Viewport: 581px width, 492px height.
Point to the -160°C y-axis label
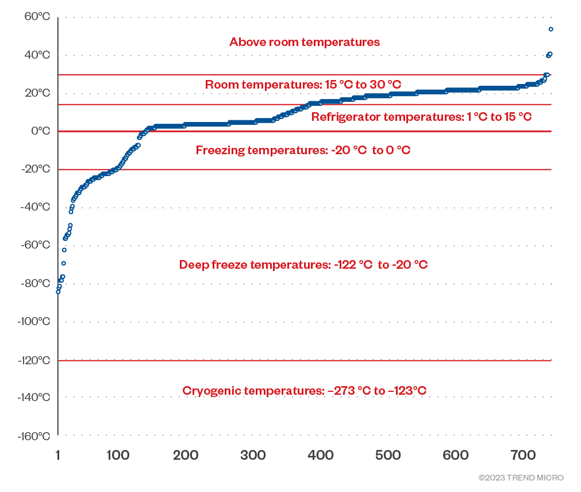pyautogui.click(x=33, y=436)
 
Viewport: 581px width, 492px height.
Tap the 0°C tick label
pyautogui.click(x=40, y=131)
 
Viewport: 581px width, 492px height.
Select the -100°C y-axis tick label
pyautogui.click(x=33, y=322)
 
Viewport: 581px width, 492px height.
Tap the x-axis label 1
pyautogui.click(x=57, y=456)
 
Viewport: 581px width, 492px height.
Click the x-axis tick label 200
pyautogui.click(x=186, y=456)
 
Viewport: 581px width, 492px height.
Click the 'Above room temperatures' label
pyautogui.click(x=305, y=42)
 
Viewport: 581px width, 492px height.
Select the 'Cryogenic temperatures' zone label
pyautogui.click(x=305, y=391)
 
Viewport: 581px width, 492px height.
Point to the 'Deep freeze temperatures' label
pyautogui.click(x=303, y=265)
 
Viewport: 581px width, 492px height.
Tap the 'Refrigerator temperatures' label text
pyautogui.click(x=421, y=117)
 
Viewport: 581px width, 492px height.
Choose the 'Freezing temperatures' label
pyautogui.click(x=303, y=150)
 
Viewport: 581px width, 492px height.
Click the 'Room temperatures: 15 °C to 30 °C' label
pyautogui.click(x=303, y=85)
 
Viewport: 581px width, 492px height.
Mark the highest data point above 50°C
pyautogui.click(x=551, y=29)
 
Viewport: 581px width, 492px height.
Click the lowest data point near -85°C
pyautogui.click(x=58, y=292)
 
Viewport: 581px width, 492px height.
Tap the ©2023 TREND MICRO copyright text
pyautogui.click(x=521, y=478)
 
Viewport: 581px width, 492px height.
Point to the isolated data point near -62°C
pyautogui.click(x=64, y=250)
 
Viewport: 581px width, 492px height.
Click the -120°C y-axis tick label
pyautogui.click(x=33, y=360)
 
